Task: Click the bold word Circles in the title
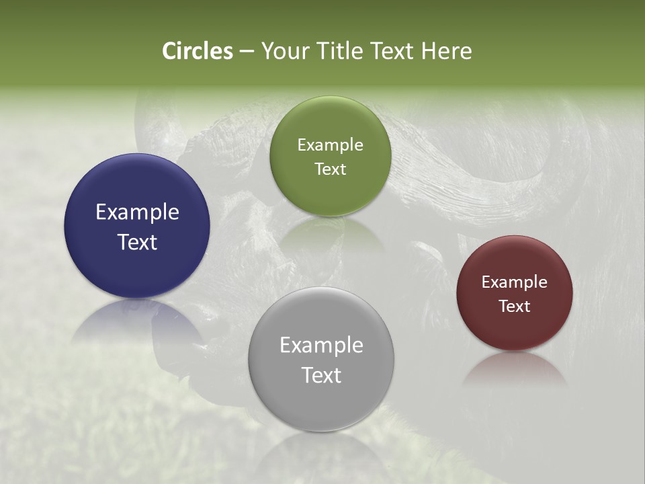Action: (198, 51)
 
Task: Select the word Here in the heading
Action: (447, 51)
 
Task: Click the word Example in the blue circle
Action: (137, 212)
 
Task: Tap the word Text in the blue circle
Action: (137, 242)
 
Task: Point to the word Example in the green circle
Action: (330, 145)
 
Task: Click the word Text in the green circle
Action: (330, 169)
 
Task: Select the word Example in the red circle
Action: (515, 282)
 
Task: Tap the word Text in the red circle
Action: (515, 306)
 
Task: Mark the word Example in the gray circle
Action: (321, 346)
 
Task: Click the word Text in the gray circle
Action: (321, 375)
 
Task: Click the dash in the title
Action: (247, 52)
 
